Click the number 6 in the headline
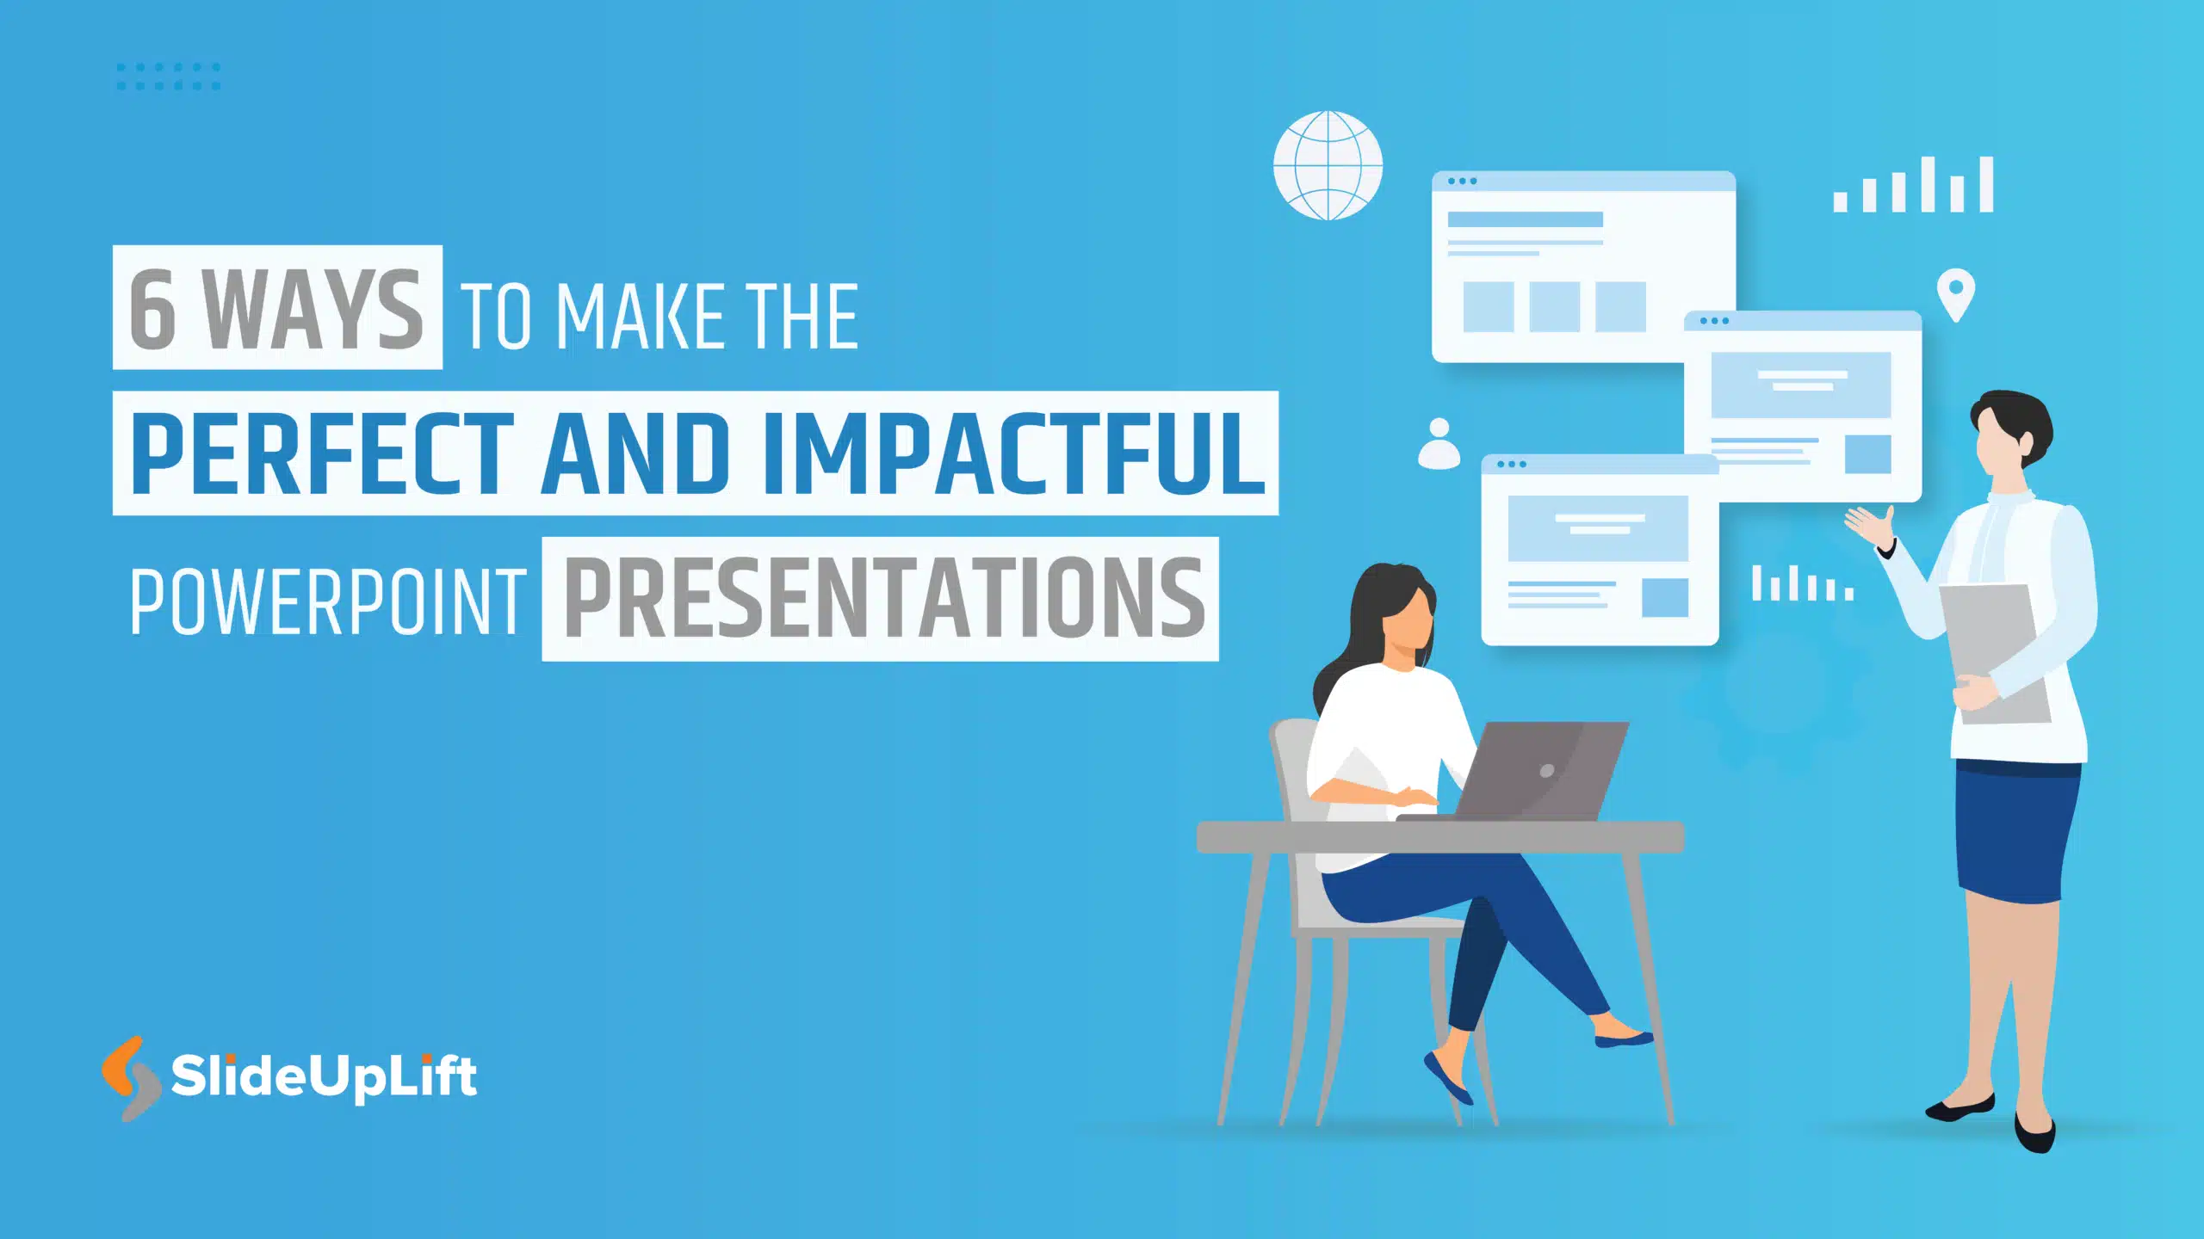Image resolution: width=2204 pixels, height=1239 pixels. tap(153, 310)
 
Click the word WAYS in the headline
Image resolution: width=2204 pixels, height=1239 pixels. tap(313, 310)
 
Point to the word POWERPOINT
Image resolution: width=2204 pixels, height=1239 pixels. tap(327, 602)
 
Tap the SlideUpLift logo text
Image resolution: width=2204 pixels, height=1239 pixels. tap(323, 1076)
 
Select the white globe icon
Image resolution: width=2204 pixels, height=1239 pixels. tap(1328, 165)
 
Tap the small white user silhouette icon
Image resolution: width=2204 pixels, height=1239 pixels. tap(1439, 444)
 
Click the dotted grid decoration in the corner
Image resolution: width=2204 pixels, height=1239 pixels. tap(169, 76)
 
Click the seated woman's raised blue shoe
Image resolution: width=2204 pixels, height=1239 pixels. tap(1448, 1079)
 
